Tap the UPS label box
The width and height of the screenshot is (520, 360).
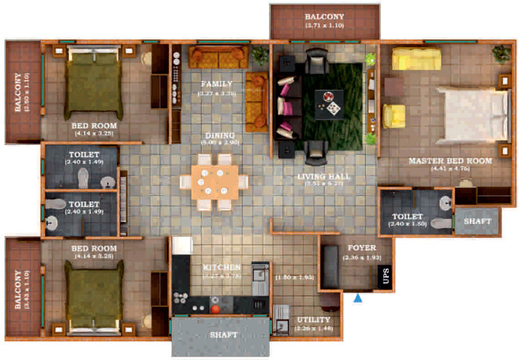384,276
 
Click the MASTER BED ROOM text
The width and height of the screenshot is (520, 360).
450,161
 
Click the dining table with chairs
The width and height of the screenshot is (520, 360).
214,181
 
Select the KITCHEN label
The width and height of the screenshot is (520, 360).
222,267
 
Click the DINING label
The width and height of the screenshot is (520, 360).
219,135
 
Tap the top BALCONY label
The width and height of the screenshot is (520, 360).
324,15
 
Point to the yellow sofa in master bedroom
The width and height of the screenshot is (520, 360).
416,58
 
